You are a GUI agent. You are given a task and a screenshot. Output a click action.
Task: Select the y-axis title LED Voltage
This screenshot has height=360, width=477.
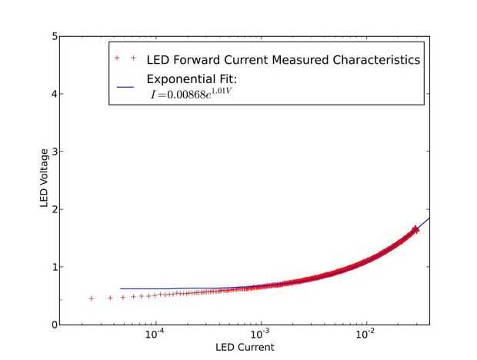click(x=45, y=181)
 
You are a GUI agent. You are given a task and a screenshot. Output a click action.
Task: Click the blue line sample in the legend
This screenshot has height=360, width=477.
click(x=125, y=86)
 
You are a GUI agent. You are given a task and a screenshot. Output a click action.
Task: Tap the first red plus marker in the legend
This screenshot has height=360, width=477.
click(x=117, y=58)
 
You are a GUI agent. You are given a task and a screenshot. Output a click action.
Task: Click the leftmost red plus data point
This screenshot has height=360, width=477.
click(x=92, y=298)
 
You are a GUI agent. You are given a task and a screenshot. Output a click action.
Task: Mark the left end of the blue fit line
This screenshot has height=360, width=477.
click(x=121, y=288)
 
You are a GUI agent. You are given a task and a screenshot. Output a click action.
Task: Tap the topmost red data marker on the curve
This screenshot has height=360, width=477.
click(x=415, y=229)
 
